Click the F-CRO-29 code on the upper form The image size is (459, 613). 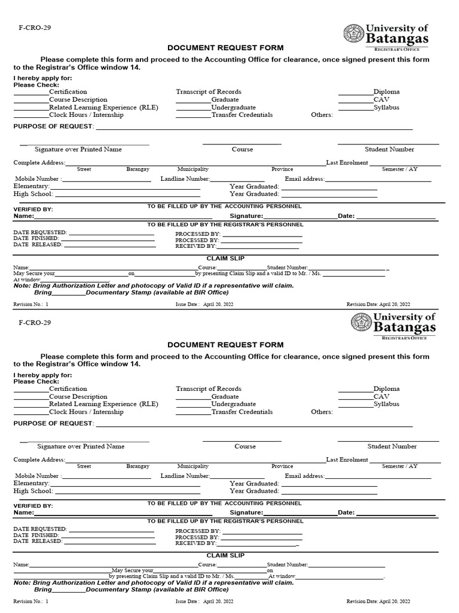click(26, 28)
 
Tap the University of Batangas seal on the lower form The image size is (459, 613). click(362, 324)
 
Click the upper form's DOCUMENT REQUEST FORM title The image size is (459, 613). click(225, 48)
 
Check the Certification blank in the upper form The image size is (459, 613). click(31, 92)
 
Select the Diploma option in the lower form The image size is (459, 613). click(387, 389)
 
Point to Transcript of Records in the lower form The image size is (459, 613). click(209, 389)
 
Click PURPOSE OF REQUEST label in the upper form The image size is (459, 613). click(53, 126)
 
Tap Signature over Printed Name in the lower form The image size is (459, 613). click(81, 447)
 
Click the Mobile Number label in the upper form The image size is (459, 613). click(37, 179)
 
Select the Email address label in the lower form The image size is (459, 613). click(304, 476)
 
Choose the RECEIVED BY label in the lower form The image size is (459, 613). click(195, 543)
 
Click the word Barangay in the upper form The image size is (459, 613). click(137, 169)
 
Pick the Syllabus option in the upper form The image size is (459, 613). click(387, 108)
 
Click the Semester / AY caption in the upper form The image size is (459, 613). click(400, 169)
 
